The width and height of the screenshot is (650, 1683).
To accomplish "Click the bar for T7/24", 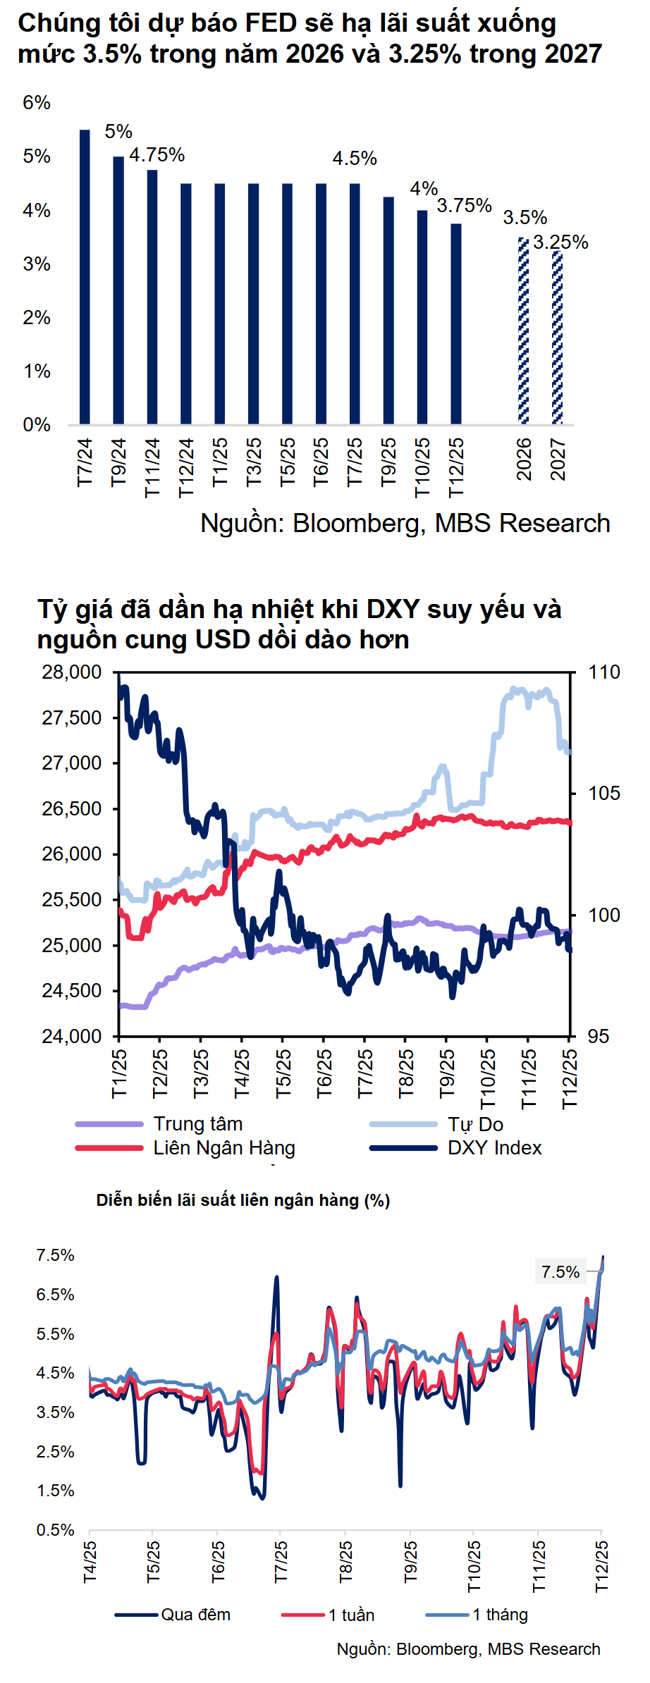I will [x=85, y=276].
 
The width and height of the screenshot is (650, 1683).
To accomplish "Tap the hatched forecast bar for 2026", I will [x=524, y=331].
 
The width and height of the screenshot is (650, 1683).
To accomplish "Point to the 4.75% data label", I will [x=157, y=155].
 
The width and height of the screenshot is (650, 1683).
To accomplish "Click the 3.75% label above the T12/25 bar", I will [x=464, y=206].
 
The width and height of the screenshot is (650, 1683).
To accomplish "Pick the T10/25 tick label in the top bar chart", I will [x=422, y=467].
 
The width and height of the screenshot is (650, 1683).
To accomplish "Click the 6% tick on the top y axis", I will [x=37, y=103].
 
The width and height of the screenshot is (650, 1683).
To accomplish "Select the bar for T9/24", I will [x=118, y=290].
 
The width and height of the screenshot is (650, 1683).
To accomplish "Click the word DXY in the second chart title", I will [x=393, y=609].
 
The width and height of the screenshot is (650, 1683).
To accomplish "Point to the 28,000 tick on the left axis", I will [x=72, y=672].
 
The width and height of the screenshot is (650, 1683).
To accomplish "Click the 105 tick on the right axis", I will [x=604, y=794].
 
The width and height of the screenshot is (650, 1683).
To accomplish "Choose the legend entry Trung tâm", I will [x=197, y=1123].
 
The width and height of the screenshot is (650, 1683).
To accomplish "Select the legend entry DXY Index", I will [x=494, y=1148].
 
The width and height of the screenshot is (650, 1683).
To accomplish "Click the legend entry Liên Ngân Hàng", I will [x=224, y=1148].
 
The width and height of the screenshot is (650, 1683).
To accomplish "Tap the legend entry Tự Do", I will [x=475, y=1123].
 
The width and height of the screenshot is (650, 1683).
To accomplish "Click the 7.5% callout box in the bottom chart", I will [x=560, y=1272].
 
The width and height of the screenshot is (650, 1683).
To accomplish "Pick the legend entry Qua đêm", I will [x=195, y=1615].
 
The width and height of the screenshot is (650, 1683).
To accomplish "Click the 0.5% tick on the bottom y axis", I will [x=56, y=1530].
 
